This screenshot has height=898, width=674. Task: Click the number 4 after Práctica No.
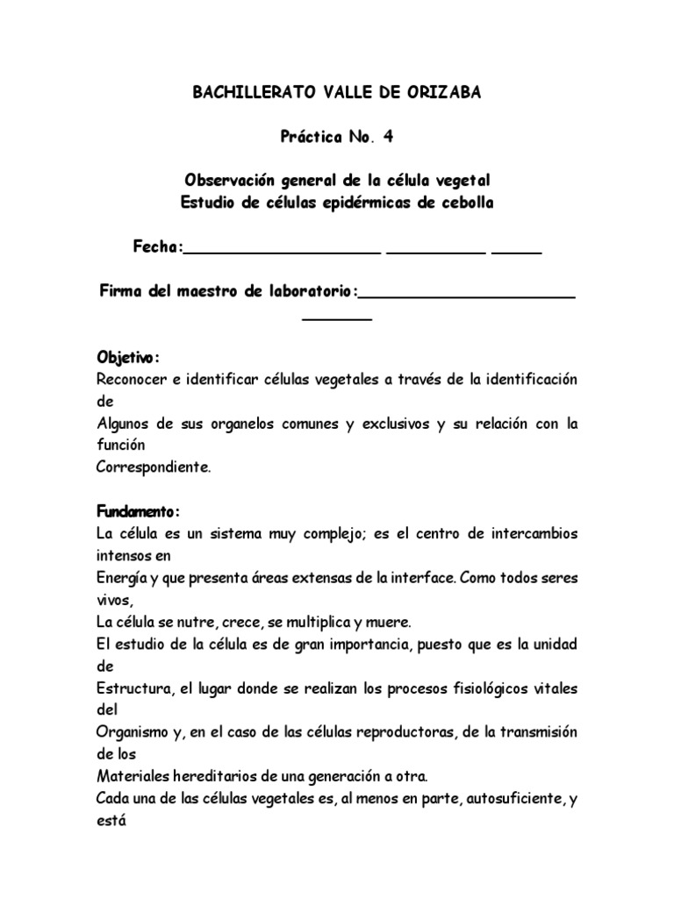pyautogui.click(x=387, y=137)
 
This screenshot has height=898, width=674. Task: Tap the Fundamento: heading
pyautogui.click(x=138, y=511)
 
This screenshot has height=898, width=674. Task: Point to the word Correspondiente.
pyautogui.click(x=153, y=467)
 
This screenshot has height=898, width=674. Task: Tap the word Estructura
pyautogui.click(x=134, y=688)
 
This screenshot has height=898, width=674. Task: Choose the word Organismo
pyautogui.click(x=133, y=732)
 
